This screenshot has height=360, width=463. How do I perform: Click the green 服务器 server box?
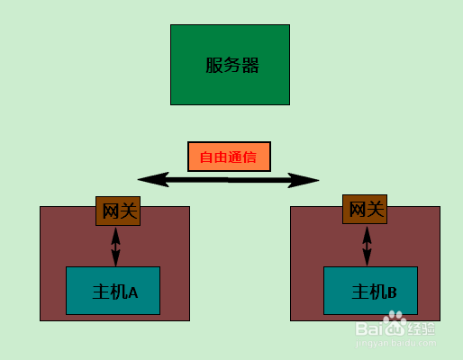point(230,65)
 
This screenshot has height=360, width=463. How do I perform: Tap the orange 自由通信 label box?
point(229,157)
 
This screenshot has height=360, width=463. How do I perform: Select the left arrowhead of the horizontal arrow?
point(153,179)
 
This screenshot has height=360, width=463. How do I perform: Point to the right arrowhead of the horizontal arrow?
point(304,180)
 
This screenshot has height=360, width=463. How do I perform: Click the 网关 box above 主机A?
point(118,211)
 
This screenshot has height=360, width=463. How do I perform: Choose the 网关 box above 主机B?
point(365,209)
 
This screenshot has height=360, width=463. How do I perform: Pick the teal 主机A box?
point(113,291)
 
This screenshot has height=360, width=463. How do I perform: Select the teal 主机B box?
point(370,291)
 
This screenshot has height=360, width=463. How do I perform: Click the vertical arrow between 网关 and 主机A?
point(116,247)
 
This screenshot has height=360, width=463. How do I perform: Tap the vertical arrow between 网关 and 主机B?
point(367,246)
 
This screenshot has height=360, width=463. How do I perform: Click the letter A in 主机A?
point(133,292)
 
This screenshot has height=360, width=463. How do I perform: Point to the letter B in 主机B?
point(392,292)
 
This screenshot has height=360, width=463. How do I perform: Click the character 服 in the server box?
point(214,65)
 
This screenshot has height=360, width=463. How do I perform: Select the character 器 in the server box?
point(250,65)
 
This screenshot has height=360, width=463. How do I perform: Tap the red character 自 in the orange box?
point(206,157)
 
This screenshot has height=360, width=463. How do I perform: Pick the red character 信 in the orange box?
point(250,157)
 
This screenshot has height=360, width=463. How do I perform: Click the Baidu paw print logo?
point(395,318)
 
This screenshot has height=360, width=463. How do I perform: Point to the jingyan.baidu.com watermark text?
point(395,343)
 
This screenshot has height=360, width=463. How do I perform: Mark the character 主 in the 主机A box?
point(101,292)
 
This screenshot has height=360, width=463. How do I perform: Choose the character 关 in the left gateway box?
point(129,211)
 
